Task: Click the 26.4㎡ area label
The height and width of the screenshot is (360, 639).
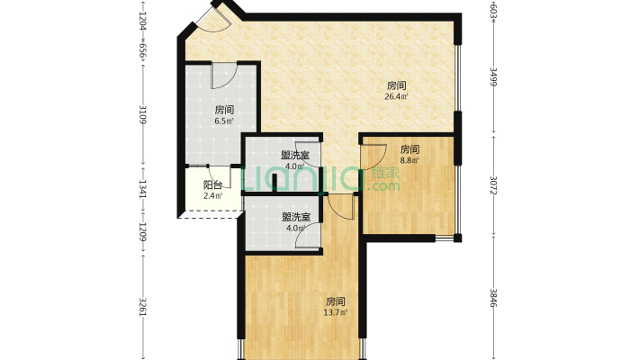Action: coord(396,97)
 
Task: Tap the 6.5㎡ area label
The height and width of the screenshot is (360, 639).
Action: coord(224,121)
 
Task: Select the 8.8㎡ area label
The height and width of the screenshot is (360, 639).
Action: coord(409,160)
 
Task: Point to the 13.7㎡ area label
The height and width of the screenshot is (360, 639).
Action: coord(336,312)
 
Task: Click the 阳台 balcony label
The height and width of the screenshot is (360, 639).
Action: coord(213,185)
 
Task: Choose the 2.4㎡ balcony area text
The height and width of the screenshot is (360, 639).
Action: coord(213,196)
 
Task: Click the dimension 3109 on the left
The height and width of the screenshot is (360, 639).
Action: coord(142,114)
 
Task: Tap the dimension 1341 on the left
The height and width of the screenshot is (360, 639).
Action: coord(142,189)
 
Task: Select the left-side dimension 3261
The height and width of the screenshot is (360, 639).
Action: coord(142,307)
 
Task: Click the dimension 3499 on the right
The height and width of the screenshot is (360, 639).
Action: coord(493,76)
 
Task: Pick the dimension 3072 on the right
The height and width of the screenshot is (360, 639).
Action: coord(493,185)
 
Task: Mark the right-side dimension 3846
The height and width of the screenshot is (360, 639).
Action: coord(493,298)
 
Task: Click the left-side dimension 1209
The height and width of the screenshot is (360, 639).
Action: coord(142,232)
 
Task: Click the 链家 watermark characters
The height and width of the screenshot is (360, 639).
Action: coord(385,173)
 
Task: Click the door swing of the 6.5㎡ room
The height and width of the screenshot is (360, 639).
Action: coord(223,76)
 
